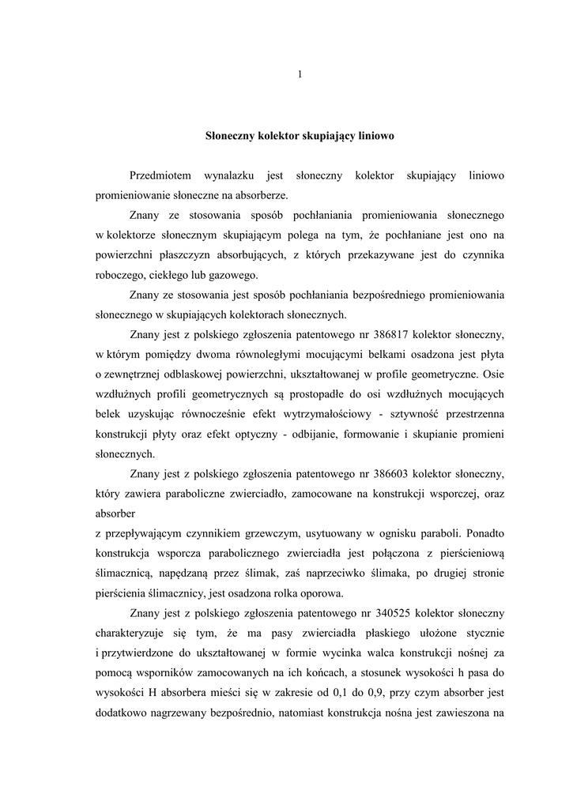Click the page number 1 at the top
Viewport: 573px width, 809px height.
coord(300,74)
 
